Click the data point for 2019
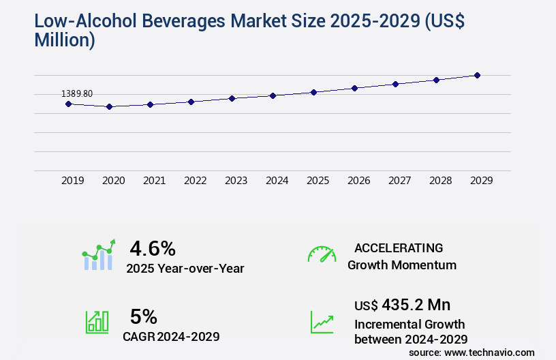[x=68, y=104]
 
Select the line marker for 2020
[x=109, y=106]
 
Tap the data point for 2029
[x=477, y=75]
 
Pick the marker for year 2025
[x=313, y=92]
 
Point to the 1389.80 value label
[x=77, y=93]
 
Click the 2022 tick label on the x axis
[x=195, y=181]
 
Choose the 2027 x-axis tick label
[x=399, y=181]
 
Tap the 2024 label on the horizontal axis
[x=277, y=181]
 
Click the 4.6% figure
[x=153, y=248]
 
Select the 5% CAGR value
[x=144, y=316]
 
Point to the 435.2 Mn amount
[x=416, y=304]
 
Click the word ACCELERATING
[x=399, y=247]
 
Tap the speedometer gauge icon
[x=322, y=254]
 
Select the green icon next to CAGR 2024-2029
[x=97, y=322]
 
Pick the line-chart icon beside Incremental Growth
[x=322, y=322]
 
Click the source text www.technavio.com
[x=489, y=352]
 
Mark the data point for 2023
[x=232, y=98]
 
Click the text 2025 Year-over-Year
[x=185, y=269]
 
